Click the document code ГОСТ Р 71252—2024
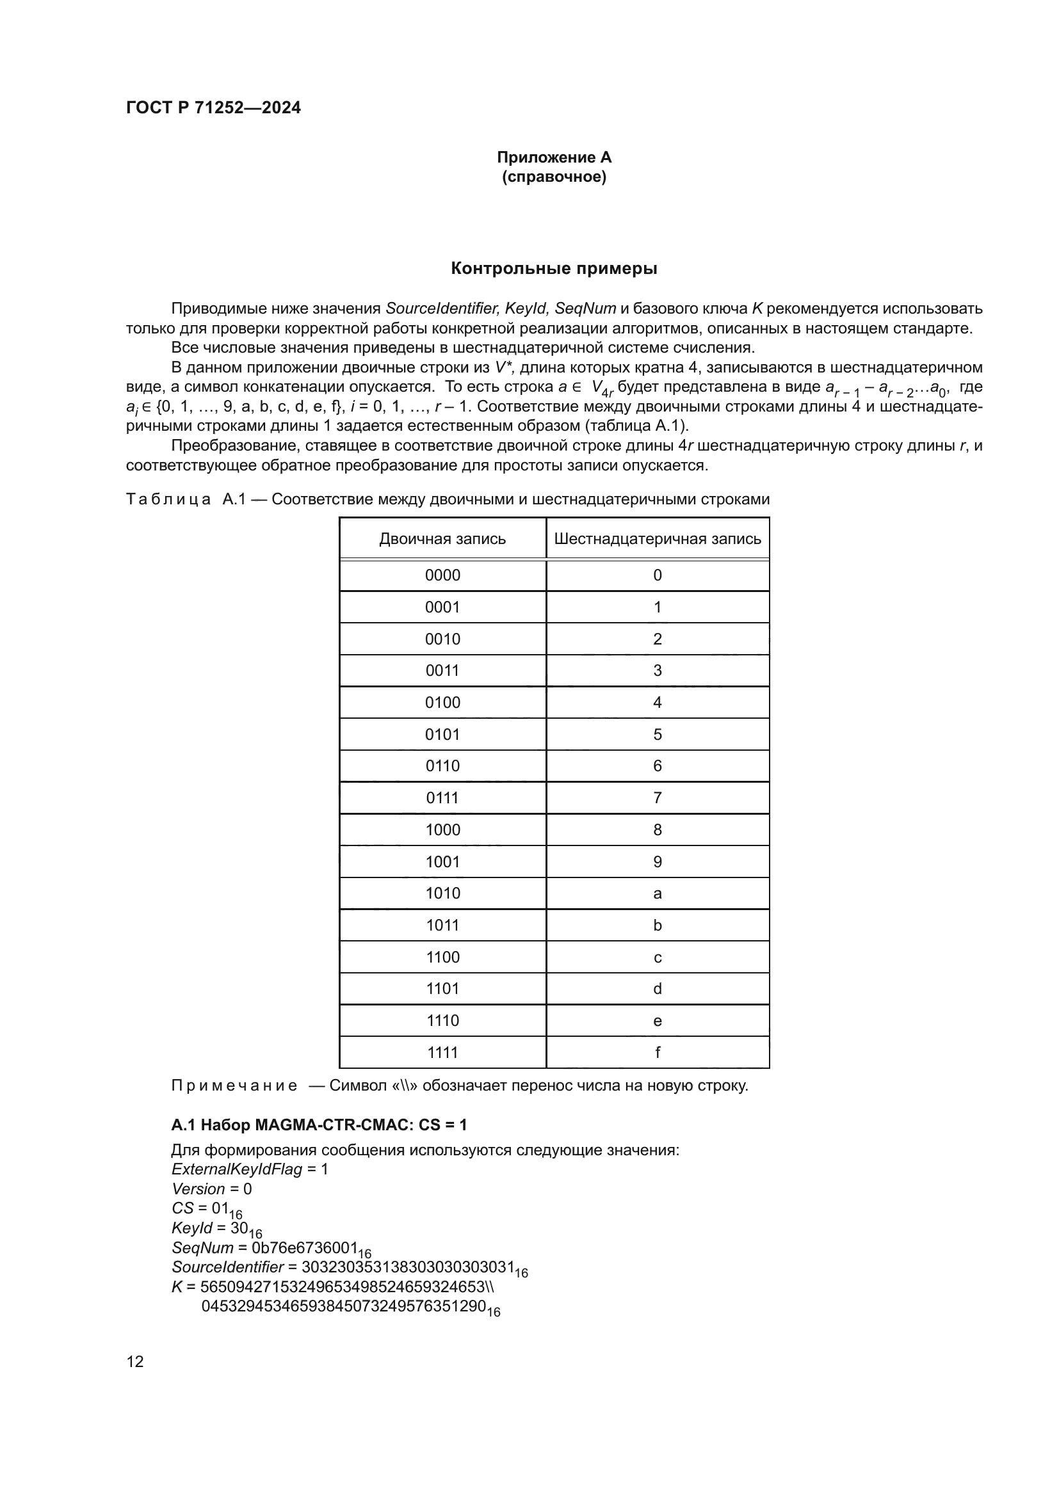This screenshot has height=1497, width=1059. [x=213, y=108]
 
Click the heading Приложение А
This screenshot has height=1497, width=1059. [x=554, y=157]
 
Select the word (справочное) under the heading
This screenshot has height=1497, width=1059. [x=554, y=177]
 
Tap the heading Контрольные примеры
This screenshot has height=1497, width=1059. [x=554, y=269]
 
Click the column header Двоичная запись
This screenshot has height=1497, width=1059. [x=442, y=538]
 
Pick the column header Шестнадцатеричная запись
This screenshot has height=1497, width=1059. [x=658, y=538]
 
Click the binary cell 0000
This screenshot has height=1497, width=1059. [x=442, y=575]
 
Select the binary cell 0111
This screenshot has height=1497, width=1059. [x=442, y=797]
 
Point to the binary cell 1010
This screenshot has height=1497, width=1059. [x=442, y=893]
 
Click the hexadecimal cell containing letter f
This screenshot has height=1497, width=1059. [x=658, y=1052]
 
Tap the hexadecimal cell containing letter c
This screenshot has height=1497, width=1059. [x=658, y=957]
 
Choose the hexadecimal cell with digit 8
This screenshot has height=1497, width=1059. [x=658, y=829]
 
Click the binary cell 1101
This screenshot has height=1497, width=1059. [x=442, y=988]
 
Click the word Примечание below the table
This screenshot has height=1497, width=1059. [x=234, y=1085]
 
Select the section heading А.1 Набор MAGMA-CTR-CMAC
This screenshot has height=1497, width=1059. [x=319, y=1125]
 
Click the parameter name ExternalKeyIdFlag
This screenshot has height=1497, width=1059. [x=237, y=1169]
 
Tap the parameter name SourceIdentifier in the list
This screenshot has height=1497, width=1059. [x=227, y=1267]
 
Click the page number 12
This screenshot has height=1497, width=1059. [x=135, y=1361]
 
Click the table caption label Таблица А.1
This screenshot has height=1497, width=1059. [x=186, y=499]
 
